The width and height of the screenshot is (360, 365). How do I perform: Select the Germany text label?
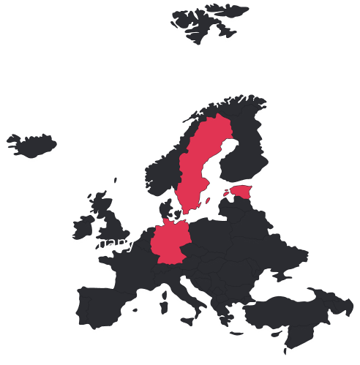tap(100, 243)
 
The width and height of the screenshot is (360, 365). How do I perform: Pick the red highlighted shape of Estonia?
tap(241, 192)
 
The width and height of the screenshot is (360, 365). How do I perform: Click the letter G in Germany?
tap(71, 243)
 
